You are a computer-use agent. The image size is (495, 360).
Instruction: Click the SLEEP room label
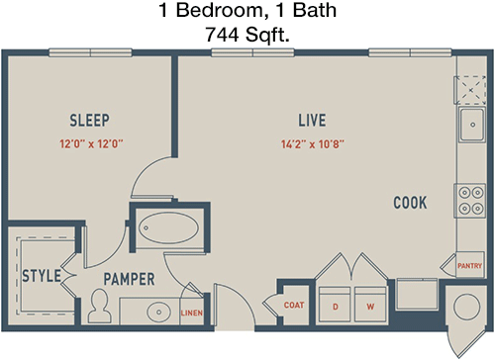[89, 121]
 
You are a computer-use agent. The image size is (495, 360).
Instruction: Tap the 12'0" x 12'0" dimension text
[91, 144]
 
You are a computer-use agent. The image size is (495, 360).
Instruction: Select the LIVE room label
[312, 121]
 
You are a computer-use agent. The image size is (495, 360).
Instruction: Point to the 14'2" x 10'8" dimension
[313, 144]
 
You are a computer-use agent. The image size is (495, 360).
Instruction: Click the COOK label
[410, 203]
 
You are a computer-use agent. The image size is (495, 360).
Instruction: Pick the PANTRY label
[470, 265]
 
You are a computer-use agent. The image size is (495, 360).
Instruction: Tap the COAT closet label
[294, 305]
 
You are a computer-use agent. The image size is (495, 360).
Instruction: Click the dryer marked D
[335, 304]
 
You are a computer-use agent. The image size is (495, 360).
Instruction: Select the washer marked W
[370, 304]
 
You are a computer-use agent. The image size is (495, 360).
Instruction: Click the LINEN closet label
[192, 313]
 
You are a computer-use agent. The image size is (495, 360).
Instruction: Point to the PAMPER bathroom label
[129, 279]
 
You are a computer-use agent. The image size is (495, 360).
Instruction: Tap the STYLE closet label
[42, 276]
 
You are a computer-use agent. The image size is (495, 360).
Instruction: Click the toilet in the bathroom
[99, 306]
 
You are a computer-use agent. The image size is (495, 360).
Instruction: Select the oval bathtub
[168, 228]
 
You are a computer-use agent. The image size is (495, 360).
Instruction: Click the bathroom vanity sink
[158, 312]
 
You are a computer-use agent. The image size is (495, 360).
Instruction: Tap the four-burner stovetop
[471, 201]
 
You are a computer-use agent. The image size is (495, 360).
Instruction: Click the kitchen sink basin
[472, 125]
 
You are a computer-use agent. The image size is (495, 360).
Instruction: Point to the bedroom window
[90, 52]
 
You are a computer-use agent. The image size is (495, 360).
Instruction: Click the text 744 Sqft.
[247, 35]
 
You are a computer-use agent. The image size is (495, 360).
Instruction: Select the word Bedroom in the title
[219, 10]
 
